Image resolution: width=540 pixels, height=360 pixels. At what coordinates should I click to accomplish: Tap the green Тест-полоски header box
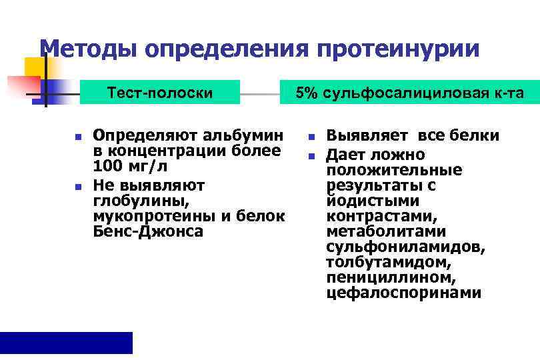pyautogui.click(x=160, y=93)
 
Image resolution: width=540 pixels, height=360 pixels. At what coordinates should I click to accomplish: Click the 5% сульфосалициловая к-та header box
pyautogui.click(x=410, y=93)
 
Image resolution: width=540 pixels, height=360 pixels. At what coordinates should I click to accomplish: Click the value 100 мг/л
pyautogui.click(x=130, y=165)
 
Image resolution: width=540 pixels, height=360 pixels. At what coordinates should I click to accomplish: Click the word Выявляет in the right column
pyautogui.click(x=369, y=136)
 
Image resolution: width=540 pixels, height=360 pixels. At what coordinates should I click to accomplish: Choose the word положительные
pyautogui.click(x=394, y=171)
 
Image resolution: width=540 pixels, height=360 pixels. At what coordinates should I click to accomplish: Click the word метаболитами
pyautogui.click(x=386, y=232)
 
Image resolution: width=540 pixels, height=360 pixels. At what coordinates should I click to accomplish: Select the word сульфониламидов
pyautogui.click(x=406, y=247)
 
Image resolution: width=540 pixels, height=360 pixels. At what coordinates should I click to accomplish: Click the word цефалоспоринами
pyautogui.click(x=403, y=293)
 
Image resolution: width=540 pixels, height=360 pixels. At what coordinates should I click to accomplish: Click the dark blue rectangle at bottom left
pyautogui.click(x=66, y=343)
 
